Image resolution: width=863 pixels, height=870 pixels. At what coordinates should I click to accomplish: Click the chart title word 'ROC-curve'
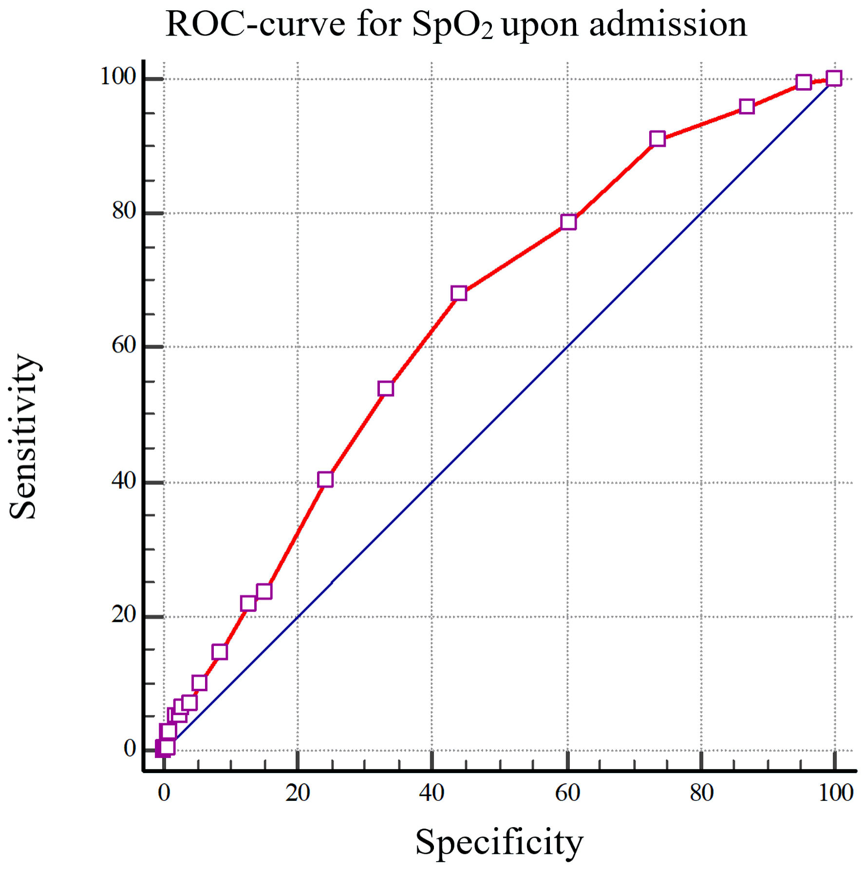(x=255, y=24)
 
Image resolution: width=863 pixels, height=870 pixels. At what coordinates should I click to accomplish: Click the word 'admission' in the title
(x=668, y=24)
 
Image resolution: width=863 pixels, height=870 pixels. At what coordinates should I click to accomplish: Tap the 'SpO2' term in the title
(x=452, y=25)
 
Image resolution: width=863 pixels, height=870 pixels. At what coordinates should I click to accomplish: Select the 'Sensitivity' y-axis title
(x=23, y=437)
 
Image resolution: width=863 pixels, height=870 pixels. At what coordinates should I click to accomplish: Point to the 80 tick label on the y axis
(x=123, y=211)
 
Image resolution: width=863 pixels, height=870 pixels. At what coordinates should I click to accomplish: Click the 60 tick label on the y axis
(x=123, y=345)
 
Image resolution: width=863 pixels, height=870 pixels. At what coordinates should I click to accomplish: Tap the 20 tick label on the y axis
(x=123, y=615)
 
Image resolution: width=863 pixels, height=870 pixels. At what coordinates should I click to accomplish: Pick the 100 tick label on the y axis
(x=117, y=76)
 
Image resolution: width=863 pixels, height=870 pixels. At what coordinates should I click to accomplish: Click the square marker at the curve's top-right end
(x=834, y=78)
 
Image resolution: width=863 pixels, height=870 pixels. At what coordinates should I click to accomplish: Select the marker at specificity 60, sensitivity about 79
(x=568, y=222)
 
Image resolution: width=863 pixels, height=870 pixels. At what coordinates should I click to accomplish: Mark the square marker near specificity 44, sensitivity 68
(x=459, y=293)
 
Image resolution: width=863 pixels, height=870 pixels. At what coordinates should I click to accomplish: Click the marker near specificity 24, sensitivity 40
(x=325, y=480)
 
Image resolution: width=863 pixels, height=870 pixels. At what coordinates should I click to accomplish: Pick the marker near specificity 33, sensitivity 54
(x=386, y=389)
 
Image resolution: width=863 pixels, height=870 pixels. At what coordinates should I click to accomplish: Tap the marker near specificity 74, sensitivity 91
(x=657, y=139)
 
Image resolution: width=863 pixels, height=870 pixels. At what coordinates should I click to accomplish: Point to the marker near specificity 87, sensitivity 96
(x=747, y=107)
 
